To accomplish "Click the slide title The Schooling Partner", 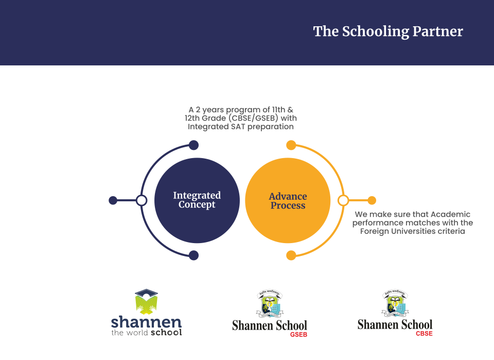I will [x=388, y=31].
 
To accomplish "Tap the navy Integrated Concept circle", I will [x=197, y=200].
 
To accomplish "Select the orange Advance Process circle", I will [x=288, y=200].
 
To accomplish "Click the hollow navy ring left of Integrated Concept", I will [x=142, y=200].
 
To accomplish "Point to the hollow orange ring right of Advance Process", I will [x=343, y=200].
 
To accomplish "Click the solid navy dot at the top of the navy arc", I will [x=193, y=145].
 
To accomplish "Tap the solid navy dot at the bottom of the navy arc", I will [x=193, y=255].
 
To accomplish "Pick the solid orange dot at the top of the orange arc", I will [x=291, y=145].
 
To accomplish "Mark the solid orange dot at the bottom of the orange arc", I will [x=291, y=255].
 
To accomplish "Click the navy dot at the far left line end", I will [x=113, y=200].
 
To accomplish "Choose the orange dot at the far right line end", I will [x=372, y=200].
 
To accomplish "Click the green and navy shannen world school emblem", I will [x=146, y=302].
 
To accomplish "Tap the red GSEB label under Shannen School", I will [x=298, y=334].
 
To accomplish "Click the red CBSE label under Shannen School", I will [x=424, y=333].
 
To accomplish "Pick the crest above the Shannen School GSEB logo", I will [x=270, y=303].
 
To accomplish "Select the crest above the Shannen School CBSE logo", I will [x=395, y=303].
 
